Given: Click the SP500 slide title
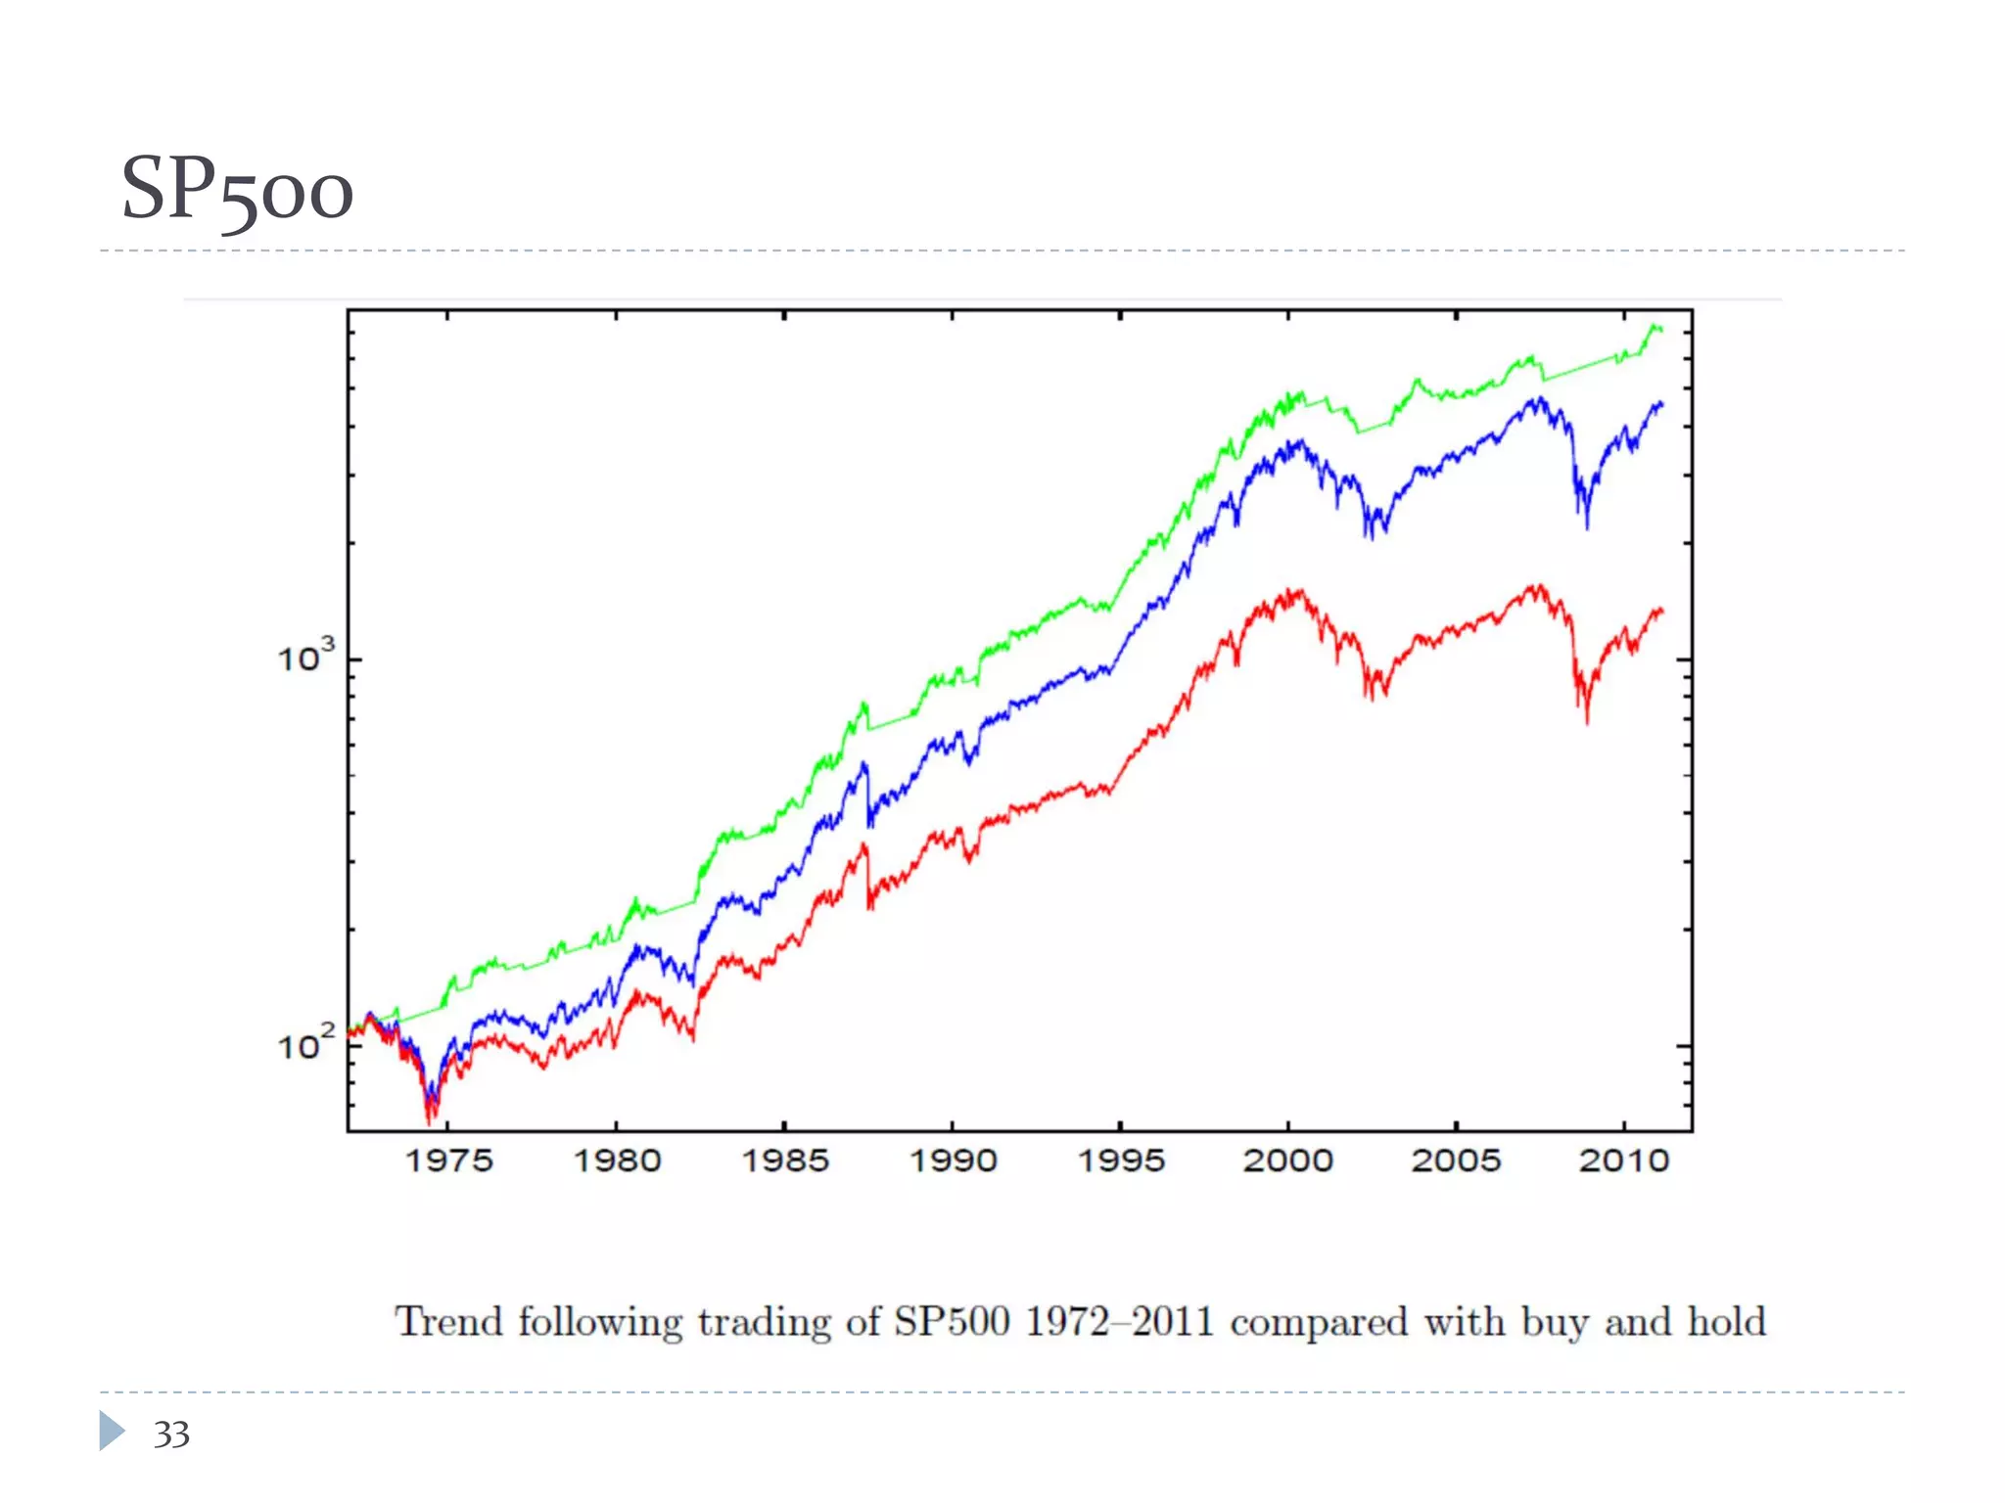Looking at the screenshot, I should pos(237,190).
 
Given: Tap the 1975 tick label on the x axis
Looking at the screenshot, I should pos(448,1161).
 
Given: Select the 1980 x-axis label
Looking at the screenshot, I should pos(617,1161).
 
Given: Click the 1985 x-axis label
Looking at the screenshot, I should pos(785,1161).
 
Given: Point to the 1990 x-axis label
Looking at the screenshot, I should pos(953,1161).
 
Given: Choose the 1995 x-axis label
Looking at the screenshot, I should pos(1121,1161).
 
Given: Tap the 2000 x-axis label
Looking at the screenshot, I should pos(1288,1161).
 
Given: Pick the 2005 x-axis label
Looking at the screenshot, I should pos(1456,1161).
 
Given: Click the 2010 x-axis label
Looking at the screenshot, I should pos(1623,1161).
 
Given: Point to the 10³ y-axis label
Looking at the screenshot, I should pos(304,657).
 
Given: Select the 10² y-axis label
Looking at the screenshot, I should pos(304,1045).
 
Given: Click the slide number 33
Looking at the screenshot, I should pos(171,1435).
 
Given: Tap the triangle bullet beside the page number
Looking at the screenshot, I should pos(112,1431).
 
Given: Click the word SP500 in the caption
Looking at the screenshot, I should pos(951,1322).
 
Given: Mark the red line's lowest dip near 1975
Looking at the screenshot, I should pos(429,1121).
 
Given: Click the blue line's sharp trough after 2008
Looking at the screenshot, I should pos(1586,526).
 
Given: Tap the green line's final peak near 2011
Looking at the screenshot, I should pos(1655,327).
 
